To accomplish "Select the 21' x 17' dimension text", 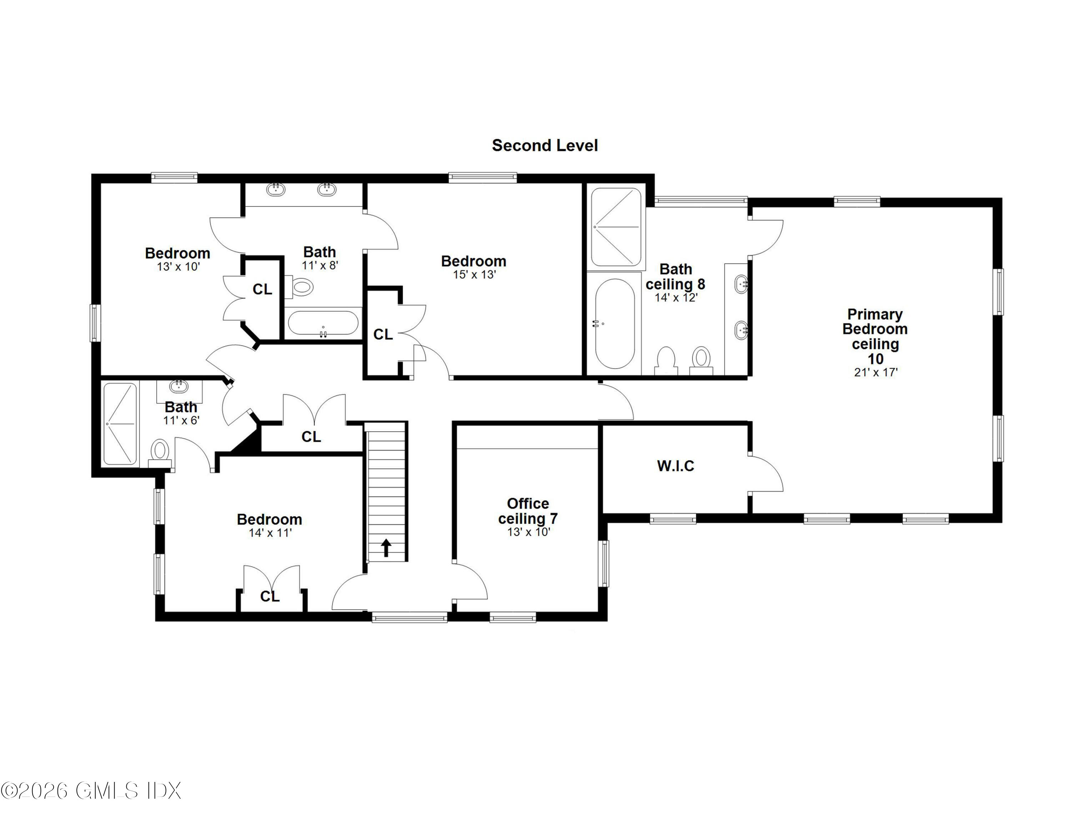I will coord(875,372).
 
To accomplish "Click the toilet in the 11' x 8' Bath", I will coord(300,287).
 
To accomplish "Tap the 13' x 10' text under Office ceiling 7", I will coord(528,532).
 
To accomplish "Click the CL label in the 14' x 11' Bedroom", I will coord(270,597).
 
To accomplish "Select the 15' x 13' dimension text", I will coord(474,275).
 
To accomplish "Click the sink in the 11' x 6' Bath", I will coord(180,386).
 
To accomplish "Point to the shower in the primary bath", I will coord(616,227).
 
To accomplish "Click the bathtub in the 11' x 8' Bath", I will coord(323,323).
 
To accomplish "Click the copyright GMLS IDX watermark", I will coord(91,791).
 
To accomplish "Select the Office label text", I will coord(528,503).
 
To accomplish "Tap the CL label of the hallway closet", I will coord(311,437).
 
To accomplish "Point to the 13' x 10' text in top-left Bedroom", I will coord(178,267).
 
